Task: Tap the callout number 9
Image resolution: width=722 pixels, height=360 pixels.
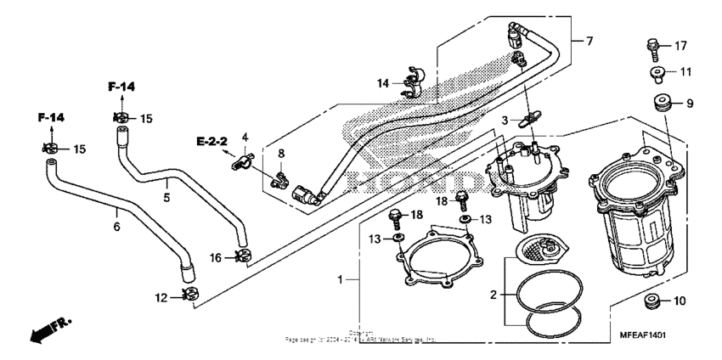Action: tap(690, 104)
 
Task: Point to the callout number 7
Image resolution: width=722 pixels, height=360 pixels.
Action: tap(589, 41)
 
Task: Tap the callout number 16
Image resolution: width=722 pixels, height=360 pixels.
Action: tap(215, 257)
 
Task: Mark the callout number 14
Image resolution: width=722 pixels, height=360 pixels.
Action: tap(384, 82)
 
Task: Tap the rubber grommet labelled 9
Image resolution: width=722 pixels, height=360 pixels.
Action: tap(663, 104)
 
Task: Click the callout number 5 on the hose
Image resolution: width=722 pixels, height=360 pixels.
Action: tap(166, 198)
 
